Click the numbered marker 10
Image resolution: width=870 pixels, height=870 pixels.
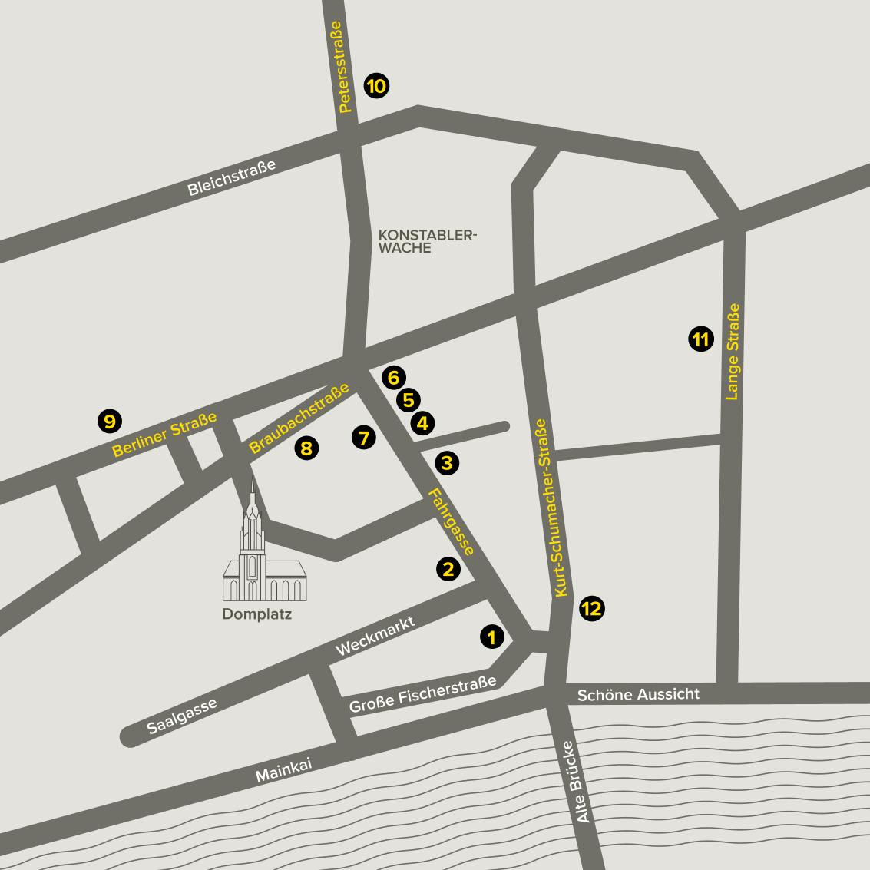[376, 86]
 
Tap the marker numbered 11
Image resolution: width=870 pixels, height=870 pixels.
[700, 339]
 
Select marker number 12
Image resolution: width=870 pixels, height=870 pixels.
[591, 609]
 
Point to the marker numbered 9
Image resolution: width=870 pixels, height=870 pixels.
[110, 421]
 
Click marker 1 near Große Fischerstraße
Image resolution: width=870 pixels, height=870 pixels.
[491, 636]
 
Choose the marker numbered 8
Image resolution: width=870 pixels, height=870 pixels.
[306, 448]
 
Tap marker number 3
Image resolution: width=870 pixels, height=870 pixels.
[447, 462]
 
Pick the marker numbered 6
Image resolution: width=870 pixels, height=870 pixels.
[393, 377]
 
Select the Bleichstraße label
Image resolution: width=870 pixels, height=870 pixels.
[231, 178]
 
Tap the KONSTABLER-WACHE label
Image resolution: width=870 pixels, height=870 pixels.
[427, 241]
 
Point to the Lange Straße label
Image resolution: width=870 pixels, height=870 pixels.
[733, 352]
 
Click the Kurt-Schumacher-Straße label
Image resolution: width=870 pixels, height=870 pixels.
[551, 508]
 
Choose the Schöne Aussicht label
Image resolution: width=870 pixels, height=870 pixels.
[638, 695]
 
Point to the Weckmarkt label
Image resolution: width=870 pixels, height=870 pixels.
[375, 637]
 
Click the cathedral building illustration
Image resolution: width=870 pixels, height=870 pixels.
[263, 561]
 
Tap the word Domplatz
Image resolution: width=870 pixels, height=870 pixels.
[256, 614]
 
